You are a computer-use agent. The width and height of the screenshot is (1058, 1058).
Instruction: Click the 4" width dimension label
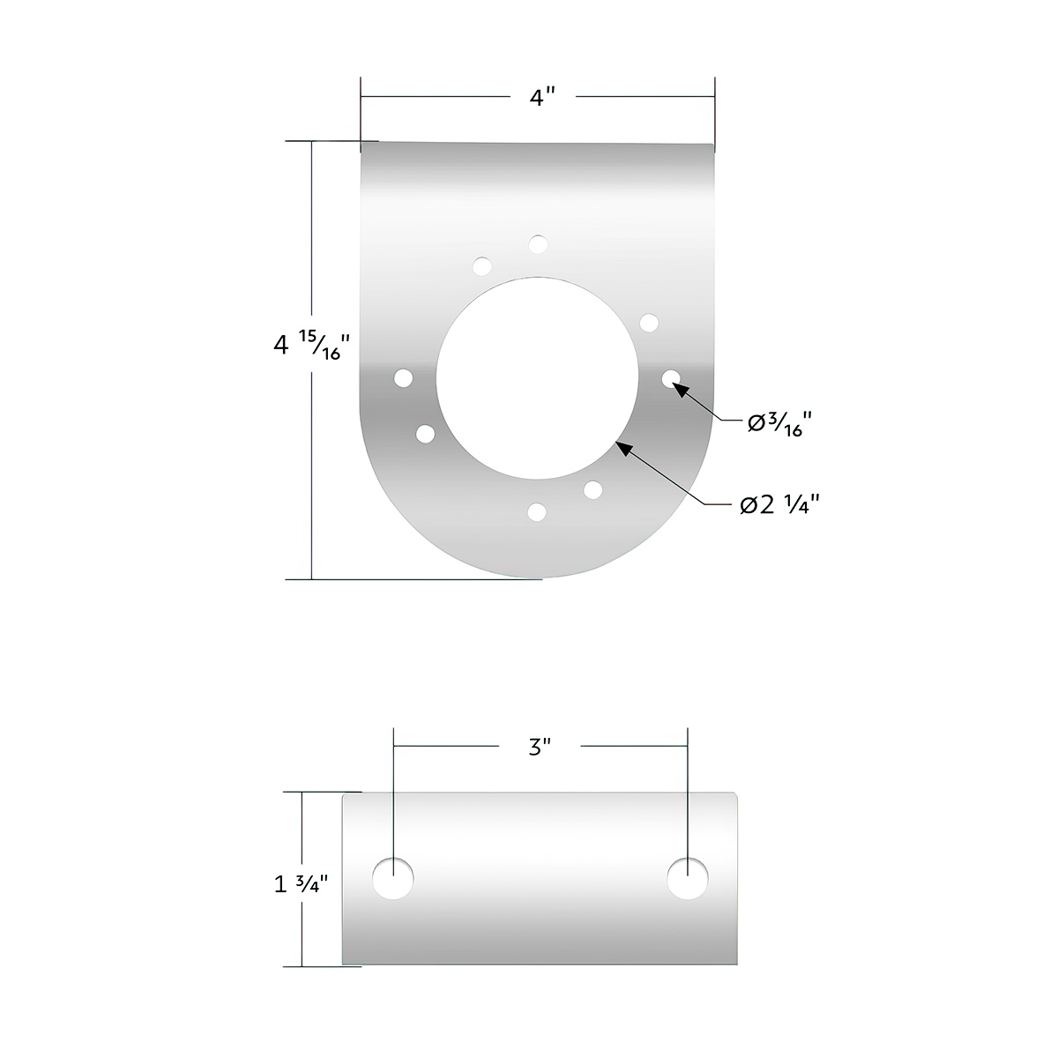(538, 98)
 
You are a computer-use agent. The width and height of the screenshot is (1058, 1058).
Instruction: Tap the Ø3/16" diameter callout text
(779, 424)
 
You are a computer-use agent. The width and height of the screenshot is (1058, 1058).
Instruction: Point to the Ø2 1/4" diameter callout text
(780, 504)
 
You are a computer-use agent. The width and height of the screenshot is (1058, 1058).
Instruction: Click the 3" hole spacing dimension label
(540, 748)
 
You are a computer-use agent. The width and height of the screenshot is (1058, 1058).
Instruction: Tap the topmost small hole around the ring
(538, 244)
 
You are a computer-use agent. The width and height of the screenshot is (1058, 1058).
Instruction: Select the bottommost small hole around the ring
(536, 511)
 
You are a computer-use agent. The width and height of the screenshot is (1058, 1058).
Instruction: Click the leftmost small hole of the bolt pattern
(404, 378)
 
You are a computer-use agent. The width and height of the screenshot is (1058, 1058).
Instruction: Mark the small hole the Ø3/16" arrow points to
(671, 378)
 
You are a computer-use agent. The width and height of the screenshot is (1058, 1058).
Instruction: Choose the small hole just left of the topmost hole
(482, 265)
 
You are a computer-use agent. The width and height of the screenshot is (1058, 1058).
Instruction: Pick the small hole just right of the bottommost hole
(592, 489)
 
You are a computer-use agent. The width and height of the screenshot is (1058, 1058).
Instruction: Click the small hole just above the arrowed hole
(649, 323)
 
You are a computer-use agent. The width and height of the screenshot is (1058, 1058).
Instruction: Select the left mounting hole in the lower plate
(394, 879)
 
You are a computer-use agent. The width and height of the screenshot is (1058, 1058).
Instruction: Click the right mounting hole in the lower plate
(688, 879)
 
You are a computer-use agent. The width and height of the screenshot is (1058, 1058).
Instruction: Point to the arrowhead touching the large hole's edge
(622, 448)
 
